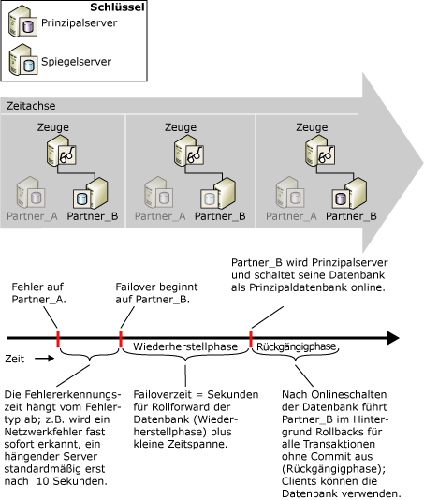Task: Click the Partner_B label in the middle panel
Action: point(222,215)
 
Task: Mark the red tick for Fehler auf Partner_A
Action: point(57,334)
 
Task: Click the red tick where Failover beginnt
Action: point(121,334)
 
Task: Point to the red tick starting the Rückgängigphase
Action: point(251,334)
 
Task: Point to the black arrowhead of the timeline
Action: point(413,334)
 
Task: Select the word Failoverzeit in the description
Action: point(159,396)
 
